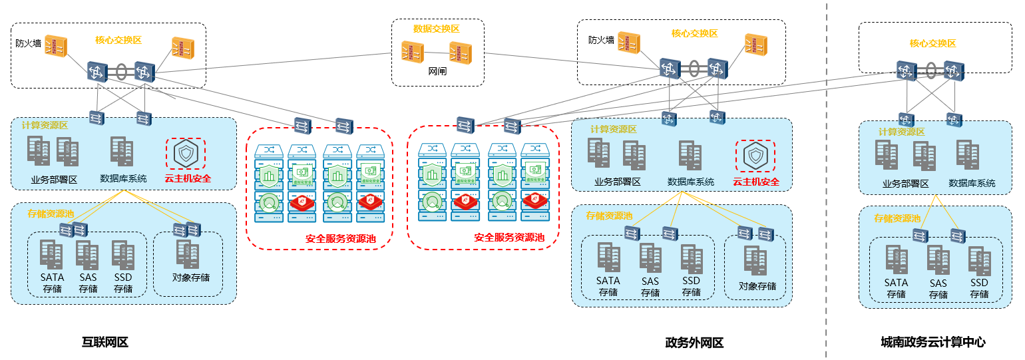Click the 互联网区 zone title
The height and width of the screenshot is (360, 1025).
[104, 343]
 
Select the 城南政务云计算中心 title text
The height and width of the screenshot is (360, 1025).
[932, 343]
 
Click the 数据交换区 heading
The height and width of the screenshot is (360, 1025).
[436, 29]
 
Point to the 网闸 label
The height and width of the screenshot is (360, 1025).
[437, 70]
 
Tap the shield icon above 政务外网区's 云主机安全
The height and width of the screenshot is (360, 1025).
[755, 156]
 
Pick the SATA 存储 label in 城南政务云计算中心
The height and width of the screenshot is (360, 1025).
[896, 288]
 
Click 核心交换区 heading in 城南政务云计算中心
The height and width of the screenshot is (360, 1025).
[932, 43]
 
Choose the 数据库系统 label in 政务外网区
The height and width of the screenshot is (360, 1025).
[691, 182]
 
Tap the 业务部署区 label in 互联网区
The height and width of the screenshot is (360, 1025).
[55, 179]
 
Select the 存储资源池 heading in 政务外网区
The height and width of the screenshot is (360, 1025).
[609, 216]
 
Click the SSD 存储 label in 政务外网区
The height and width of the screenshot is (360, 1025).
[692, 286]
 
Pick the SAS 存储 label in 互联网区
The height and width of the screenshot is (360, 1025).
[88, 283]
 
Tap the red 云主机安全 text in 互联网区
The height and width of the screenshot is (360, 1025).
[188, 178]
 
